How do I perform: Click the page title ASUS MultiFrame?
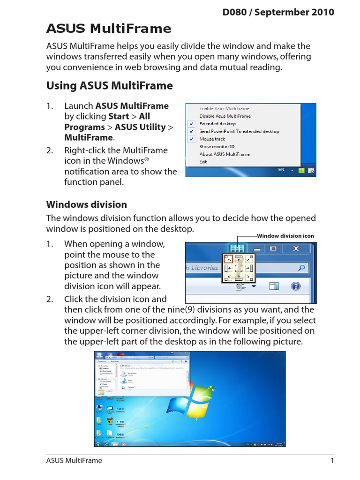(109, 29)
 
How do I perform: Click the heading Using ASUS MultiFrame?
(109, 86)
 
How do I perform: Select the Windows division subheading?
(86, 204)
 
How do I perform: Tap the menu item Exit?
(203, 162)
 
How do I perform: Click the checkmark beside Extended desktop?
(192, 124)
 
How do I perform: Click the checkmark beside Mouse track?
(192, 139)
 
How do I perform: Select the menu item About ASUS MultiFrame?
(225, 154)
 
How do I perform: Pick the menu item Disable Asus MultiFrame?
(225, 116)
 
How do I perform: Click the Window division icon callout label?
(285, 236)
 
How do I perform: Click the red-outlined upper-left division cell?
(228, 258)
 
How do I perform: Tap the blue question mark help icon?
(296, 286)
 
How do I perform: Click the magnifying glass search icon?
(302, 268)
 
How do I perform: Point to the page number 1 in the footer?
(332, 460)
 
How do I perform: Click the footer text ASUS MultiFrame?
(74, 460)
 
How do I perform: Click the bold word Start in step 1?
(119, 116)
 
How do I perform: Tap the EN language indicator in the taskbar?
(281, 170)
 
